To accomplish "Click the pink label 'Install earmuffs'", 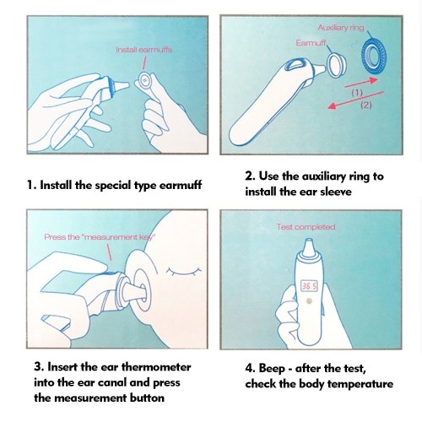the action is coord(143,50).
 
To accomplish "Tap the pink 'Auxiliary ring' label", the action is coord(341,28).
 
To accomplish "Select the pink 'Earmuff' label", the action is coord(311,43).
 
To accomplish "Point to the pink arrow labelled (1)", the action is coord(361,83).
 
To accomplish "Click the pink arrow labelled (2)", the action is coord(355,100).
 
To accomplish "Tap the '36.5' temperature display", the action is coord(309,286).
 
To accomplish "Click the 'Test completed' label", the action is coord(306,227).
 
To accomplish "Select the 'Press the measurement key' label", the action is coord(100,237).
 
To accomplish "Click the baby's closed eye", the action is coord(184,271).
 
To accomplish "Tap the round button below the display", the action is coord(309,301).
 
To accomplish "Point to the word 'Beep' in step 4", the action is coord(272,369).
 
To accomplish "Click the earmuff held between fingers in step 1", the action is coord(144,80).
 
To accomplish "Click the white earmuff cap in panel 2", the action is coord(336,66).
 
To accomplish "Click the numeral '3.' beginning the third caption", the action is coord(39,367).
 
